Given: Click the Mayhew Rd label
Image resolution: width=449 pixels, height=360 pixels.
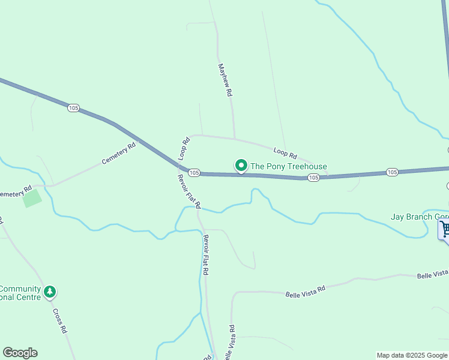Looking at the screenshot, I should point(224,80).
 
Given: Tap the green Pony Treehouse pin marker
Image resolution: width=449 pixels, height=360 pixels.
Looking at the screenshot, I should point(241,165).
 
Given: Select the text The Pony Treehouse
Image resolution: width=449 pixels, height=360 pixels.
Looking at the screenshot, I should point(288,166).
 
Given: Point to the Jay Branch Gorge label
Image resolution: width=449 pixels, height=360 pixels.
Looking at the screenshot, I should point(420,217).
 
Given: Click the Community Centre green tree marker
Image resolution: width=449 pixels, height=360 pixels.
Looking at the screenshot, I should point(50,292).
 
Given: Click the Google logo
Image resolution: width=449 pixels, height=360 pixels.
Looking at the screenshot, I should point(20,353).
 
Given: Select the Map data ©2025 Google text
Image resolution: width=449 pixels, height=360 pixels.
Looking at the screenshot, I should point(412,355).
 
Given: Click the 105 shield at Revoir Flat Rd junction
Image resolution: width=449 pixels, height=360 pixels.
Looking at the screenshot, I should point(193,173).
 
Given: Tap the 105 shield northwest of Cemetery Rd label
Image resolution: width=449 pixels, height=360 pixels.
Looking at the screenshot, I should point(73,108).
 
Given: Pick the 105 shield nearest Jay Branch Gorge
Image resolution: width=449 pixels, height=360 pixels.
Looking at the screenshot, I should point(392,172).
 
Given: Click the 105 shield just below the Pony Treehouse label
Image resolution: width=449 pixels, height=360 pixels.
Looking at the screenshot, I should point(313,178).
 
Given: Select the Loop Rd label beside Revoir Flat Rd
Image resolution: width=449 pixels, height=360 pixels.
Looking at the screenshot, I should point(184,148).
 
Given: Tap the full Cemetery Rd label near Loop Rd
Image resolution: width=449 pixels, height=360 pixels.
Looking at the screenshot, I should point(119,152).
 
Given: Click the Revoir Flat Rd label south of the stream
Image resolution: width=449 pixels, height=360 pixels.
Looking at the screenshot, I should point(205,255).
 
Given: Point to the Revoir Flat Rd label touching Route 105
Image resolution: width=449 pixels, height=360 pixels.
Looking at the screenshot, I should point(188,191).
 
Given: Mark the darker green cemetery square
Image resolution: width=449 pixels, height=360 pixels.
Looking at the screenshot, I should point(32,197).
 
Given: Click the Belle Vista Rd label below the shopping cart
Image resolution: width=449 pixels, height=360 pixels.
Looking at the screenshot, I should point(433,275).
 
